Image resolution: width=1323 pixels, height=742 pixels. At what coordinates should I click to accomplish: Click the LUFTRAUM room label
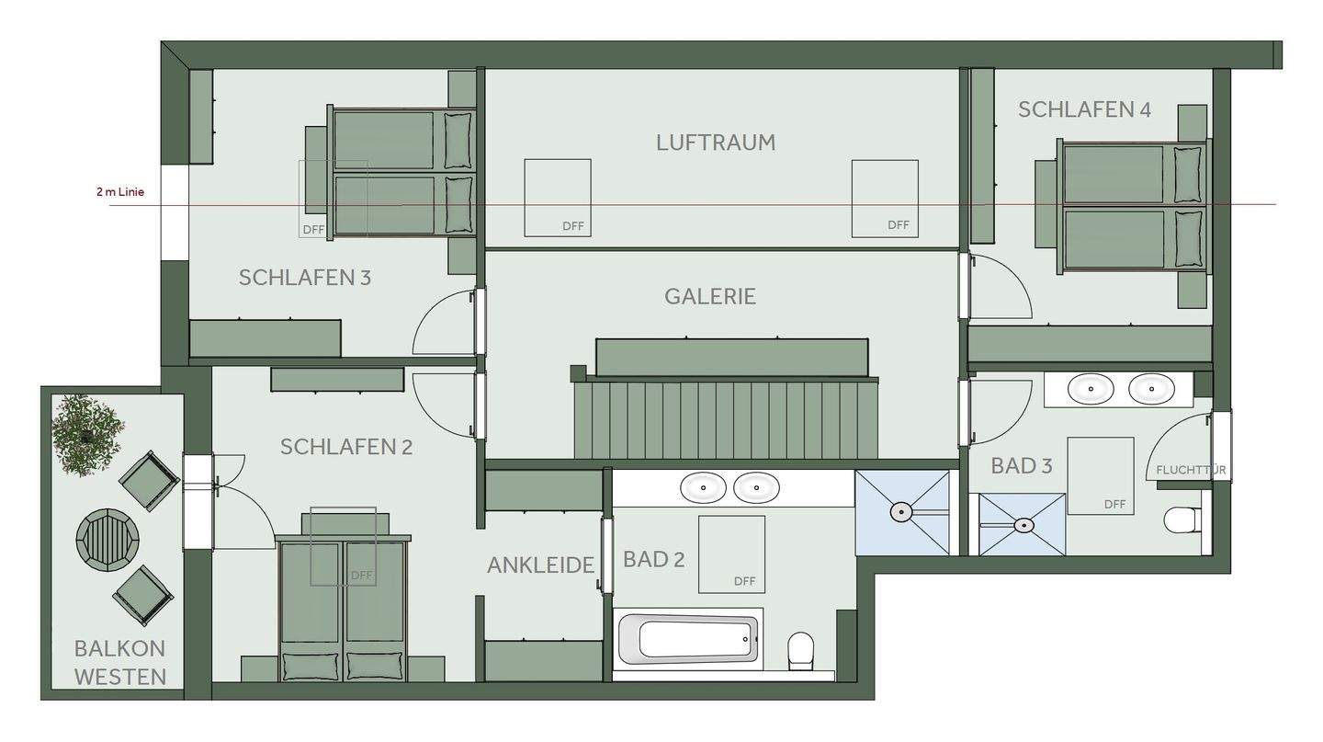(x=716, y=143)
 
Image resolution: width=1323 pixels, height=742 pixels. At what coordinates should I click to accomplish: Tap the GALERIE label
(x=710, y=296)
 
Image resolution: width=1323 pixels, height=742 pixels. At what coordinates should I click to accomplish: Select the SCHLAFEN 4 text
(x=1084, y=109)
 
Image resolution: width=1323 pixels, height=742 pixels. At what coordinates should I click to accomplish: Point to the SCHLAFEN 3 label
(x=304, y=277)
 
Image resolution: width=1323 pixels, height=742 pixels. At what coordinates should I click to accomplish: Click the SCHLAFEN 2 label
(x=346, y=447)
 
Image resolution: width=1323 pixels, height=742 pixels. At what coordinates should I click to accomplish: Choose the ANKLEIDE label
(x=540, y=565)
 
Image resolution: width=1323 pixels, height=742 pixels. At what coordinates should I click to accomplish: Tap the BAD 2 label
(x=653, y=559)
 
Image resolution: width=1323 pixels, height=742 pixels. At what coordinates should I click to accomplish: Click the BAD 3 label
(x=1021, y=466)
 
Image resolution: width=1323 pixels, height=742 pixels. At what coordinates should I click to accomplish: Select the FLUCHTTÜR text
(x=1191, y=470)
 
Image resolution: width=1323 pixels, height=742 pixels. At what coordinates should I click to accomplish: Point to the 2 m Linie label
(x=120, y=192)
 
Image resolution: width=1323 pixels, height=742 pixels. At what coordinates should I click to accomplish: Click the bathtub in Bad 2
(x=688, y=637)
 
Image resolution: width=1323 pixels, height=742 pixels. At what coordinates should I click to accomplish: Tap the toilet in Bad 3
(x=1181, y=520)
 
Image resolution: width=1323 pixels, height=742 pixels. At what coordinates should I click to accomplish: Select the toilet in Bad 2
(x=801, y=648)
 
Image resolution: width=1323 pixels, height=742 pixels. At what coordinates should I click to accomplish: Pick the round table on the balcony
(x=107, y=537)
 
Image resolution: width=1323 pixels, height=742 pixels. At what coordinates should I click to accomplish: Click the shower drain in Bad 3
(x=1023, y=525)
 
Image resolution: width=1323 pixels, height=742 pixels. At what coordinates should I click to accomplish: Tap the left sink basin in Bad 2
(x=703, y=487)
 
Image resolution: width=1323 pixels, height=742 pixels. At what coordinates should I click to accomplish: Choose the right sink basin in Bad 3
(x=1150, y=389)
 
